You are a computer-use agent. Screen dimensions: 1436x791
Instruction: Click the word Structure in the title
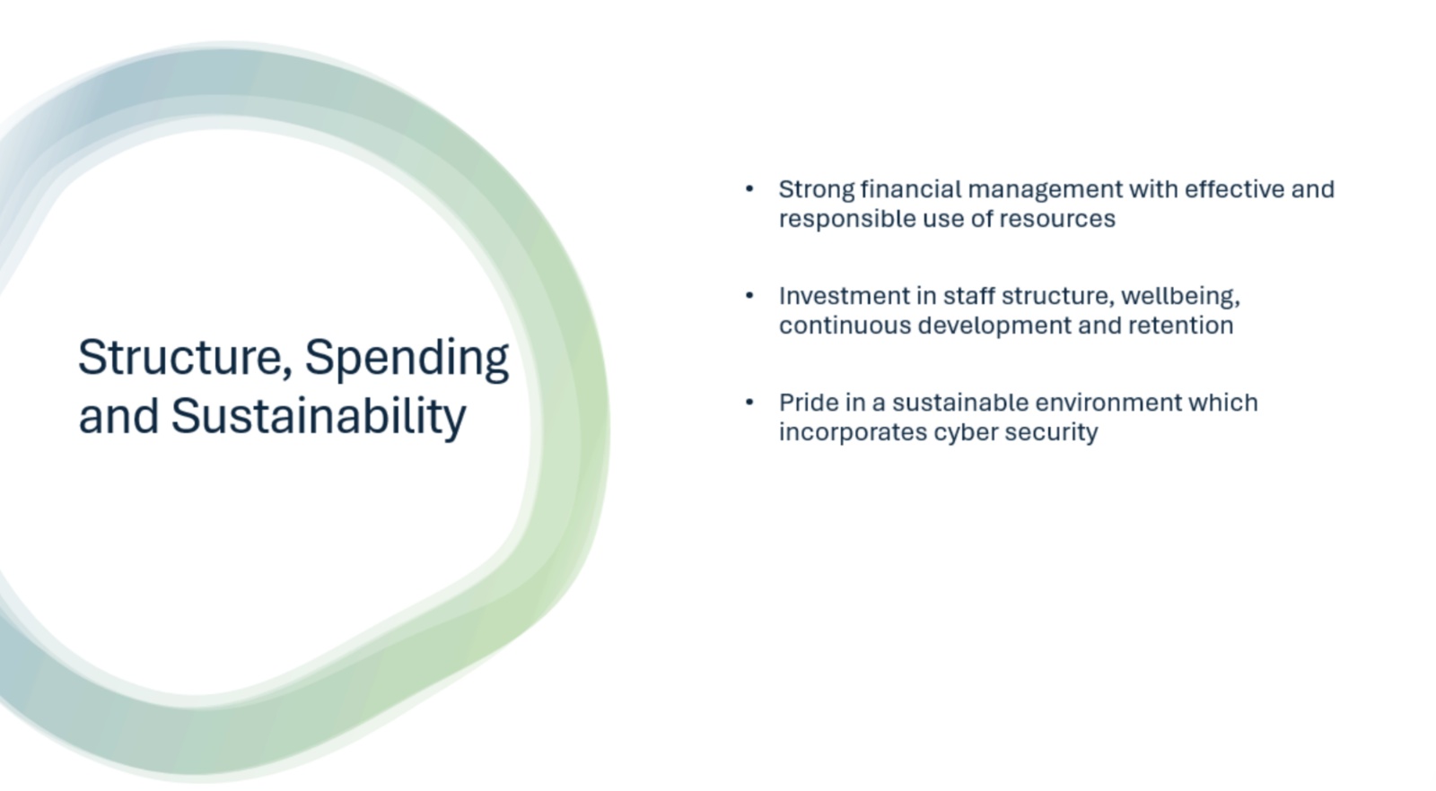click(x=180, y=358)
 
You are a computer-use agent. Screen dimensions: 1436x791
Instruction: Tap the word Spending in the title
click(x=407, y=360)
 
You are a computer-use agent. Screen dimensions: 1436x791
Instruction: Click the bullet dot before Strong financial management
click(x=749, y=189)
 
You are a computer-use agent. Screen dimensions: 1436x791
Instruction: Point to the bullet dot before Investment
click(x=749, y=295)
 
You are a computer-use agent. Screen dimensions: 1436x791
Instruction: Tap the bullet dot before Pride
click(x=749, y=402)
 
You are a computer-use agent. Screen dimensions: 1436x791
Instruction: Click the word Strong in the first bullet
click(x=817, y=190)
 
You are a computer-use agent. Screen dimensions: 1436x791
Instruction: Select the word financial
click(x=911, y=189)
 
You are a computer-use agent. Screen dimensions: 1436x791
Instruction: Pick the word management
click(x=1045, y=190)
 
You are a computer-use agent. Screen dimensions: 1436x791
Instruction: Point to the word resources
click(x=1057, y=220)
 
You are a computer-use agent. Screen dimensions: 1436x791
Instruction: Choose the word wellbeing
click(x=1180, y=297)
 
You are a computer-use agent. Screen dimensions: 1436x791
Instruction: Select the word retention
click(x=1180, y=326)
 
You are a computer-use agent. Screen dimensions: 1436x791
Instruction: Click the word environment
click(x=1108, y=403)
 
